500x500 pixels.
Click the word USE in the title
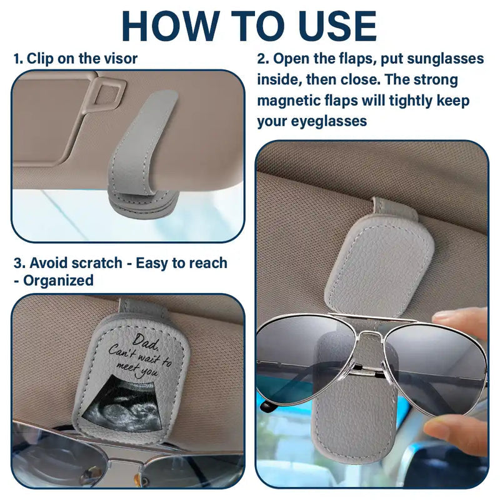click(x=331, y=26)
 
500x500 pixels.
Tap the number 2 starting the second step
click(x=262, y=59)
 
